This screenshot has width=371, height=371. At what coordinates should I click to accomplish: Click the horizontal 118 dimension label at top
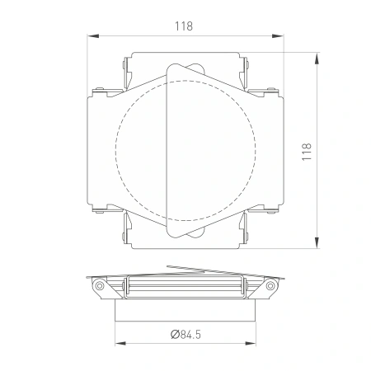[184, 26]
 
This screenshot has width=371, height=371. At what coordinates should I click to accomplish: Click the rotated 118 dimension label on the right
[307, 152]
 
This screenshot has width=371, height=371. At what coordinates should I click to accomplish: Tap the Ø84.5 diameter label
[185, 335]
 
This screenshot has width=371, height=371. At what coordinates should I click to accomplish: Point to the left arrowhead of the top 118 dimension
[93, 36]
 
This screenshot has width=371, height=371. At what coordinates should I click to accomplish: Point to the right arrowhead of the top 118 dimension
[278, 36]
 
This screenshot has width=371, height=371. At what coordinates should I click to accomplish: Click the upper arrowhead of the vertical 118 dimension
[317, 59]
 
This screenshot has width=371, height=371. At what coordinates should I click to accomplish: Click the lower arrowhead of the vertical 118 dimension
[317, 242]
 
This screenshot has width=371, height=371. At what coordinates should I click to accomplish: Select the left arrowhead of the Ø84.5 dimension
[120, 343]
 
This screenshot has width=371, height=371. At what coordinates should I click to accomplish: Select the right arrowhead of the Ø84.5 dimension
[250, 343]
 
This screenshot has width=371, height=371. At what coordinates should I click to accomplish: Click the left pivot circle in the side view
[100, 286]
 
